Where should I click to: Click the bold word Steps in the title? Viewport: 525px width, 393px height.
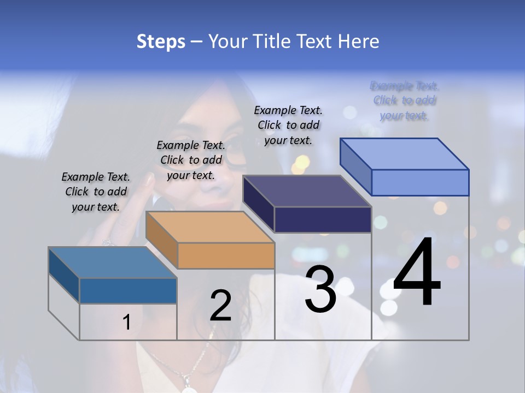[161, 41]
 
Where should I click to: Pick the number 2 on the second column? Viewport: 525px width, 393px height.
[220, 306]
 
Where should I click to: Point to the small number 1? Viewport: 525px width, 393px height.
[126, 322]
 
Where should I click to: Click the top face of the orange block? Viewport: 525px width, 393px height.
[209, 227]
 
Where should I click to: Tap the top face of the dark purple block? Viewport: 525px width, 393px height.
[306, 191]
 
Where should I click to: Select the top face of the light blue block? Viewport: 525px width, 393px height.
[404, 153]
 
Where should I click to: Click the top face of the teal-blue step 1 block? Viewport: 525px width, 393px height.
[112, 262]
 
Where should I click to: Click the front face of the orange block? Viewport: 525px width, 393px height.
[226, 255]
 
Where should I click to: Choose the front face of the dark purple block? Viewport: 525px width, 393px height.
[323, 219]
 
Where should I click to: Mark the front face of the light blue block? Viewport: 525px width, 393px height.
[420, 182]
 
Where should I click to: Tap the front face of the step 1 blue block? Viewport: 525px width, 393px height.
[128, 290]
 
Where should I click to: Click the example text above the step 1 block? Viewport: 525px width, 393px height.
[96, 192]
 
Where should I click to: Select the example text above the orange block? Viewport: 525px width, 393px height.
[191, 160]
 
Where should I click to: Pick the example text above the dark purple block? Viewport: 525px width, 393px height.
[288, 125]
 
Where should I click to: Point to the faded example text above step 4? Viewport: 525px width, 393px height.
[405, 100]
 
